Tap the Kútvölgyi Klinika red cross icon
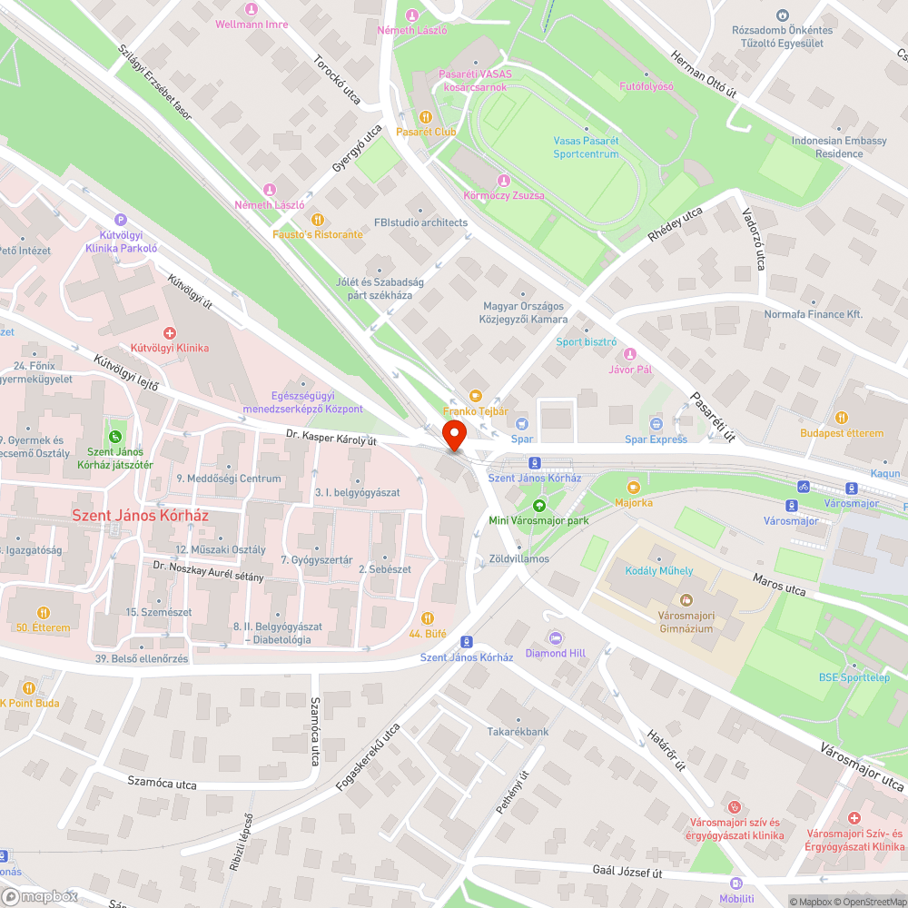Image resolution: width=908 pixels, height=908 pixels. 170,333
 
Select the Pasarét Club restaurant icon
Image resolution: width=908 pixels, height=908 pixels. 425,116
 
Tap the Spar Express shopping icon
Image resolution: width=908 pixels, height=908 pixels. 656,424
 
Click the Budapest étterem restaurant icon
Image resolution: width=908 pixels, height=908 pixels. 842,418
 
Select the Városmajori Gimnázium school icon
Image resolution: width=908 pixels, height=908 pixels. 686,600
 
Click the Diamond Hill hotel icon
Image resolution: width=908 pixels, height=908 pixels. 556,637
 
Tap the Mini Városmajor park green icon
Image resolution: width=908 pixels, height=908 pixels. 539,505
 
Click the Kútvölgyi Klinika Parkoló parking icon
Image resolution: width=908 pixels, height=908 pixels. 121,219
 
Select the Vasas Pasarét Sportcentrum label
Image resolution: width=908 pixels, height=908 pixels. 587,147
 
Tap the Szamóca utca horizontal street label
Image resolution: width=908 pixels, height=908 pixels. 162,782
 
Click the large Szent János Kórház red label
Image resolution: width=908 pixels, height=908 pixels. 141,515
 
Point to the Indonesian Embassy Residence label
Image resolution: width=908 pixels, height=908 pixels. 826,147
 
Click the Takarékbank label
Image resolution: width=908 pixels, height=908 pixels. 518,731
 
